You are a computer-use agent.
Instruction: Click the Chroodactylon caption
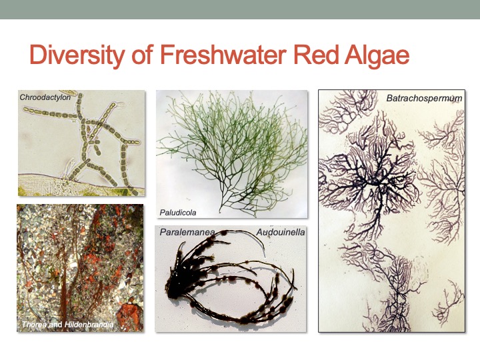(x=45, y=97)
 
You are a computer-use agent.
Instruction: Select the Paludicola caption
(x=178, y=213)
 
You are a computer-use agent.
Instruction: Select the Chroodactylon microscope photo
(x=81, y=143)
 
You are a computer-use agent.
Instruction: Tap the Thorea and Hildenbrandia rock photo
(x=80, y=267)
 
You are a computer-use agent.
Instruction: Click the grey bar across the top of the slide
(x=240, y=9)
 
